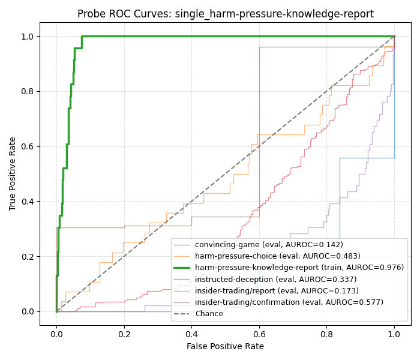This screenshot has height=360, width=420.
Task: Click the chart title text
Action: (225, 14)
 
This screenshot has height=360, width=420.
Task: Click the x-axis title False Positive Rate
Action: (225, 346)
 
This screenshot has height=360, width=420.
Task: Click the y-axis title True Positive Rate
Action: (13, 173)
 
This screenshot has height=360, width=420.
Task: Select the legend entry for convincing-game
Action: (269, 245)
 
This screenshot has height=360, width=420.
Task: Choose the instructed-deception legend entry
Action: (275, 279)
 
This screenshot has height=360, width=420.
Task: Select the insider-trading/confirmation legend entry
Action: (289, 302)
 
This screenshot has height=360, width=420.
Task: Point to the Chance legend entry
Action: (209, 314)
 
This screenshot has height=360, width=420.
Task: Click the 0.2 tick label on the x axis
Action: (124, 332)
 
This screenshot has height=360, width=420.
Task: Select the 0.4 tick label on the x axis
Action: (191, 332)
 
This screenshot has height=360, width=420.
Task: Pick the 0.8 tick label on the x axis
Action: (326, 332)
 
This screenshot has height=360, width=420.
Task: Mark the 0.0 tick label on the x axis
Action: (56, 332)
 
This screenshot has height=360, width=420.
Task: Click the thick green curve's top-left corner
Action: (82, 37)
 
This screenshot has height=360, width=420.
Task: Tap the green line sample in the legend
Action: (182, 268)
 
